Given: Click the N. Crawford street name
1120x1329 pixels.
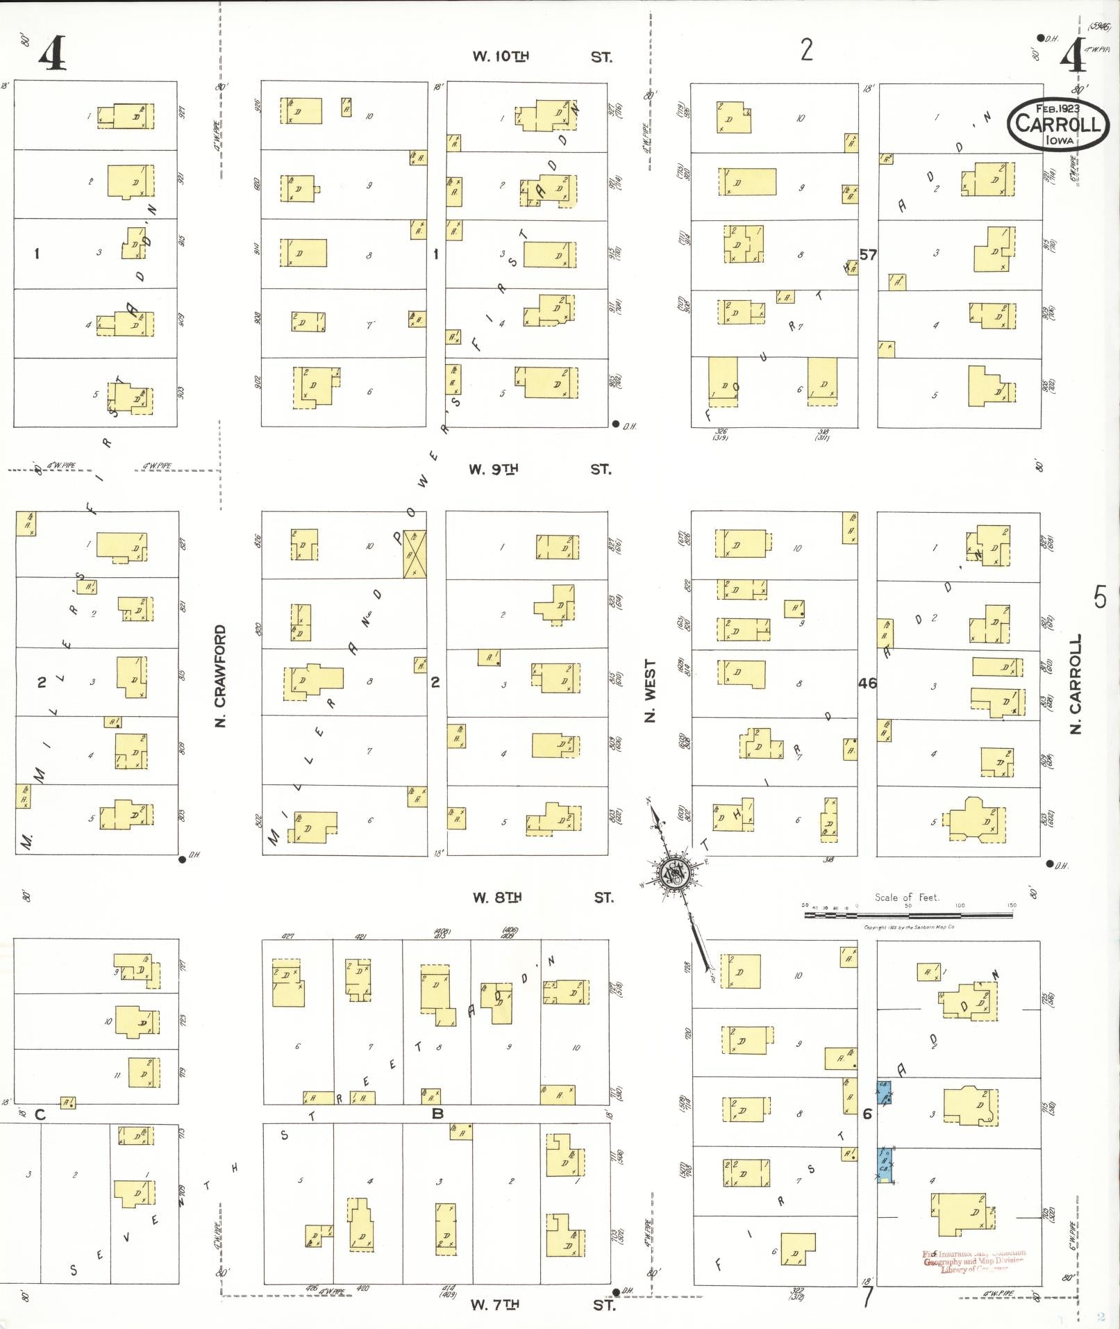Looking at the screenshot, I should pyautogui.click(x=221, y=676).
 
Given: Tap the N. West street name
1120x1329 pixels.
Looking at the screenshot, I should pyautogui.click(x=651, y=691).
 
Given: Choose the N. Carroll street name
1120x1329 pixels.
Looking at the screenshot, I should pyautogui.click(x=1076, y=684).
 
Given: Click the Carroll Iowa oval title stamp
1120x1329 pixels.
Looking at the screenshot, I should pyautogui.click(x=1058, y=124).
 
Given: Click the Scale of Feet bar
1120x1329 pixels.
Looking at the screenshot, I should pyautogui.click(x=909, y=915).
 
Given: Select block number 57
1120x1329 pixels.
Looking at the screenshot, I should pyautogui.click(x=868, y=254).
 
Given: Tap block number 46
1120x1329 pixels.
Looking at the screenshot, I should pyautogui.click(x=867, y=683).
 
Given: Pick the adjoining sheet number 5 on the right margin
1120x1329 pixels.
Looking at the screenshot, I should pyautogui.click(x=1100, y=597).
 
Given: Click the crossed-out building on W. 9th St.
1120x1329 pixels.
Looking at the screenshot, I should pyautogui.click(x=415, y=554).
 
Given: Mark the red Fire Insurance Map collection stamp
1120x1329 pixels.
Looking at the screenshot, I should pyautogui.click(x=975, y=1261).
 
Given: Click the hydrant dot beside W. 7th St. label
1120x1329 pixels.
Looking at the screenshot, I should pyautogui.click(x=615, y=1292).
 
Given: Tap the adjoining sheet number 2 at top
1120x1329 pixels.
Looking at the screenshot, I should pyautogui.click(x=806, y=50).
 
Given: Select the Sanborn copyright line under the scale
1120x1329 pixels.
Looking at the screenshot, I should pyautogui.click(x=909, y=927).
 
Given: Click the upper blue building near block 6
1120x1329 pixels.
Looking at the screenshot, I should pyautogui.click(x=884, y=1093).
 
